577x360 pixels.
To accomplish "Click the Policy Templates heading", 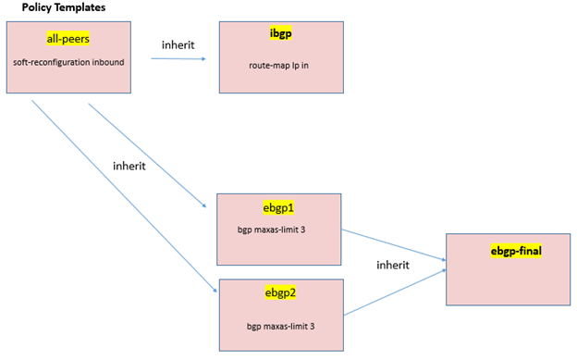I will (x=63, y=7).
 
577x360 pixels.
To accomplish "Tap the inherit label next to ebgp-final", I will (x=393, y=265).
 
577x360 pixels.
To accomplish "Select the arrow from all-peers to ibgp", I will (x=180, y=60).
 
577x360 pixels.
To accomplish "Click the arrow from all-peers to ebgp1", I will (x=148, y=154).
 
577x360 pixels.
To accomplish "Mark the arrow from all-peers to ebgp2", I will (x=120, y=193).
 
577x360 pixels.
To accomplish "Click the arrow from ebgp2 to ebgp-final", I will (x=393, y=293).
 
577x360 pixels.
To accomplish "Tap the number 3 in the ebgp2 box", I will (x=306, y=327).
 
